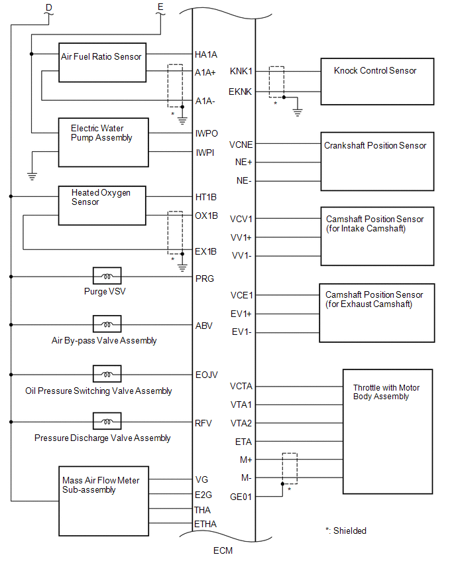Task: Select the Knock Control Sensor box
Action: pos(377,81)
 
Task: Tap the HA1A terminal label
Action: pos(206,54)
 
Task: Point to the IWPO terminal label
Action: pos(207,133)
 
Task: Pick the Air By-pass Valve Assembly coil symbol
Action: pos(107,324)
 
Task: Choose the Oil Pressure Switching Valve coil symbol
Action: pos(107,373)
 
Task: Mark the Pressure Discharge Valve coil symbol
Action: pos(107,421)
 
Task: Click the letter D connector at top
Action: pos(48,7)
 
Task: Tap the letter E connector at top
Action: pos(160,7)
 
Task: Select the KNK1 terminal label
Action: pos(241,71)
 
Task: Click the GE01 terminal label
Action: pos(241,497)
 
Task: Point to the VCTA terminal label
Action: pos(241,386)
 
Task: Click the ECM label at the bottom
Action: pos(223,550)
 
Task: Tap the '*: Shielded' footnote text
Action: pos(345,531)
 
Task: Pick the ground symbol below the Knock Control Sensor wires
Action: pos(298,112)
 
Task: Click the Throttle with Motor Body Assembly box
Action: pos(387,430)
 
